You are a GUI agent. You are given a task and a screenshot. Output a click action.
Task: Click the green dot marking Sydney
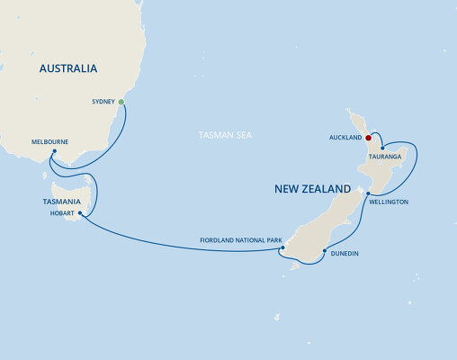click(x=121, y=103)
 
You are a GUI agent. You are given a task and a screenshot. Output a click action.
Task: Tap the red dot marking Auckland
click(x=369, y=138)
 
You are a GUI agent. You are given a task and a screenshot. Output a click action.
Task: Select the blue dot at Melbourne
click(x=54, y=151)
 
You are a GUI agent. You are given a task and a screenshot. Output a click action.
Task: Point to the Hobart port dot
click(x=81, y=213)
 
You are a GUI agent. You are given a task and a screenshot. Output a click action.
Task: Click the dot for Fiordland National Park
click(x=282, y=248)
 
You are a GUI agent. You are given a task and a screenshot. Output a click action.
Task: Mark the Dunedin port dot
click(x=322, y=252)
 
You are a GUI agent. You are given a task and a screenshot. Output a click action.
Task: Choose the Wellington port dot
click(x=369, y=193)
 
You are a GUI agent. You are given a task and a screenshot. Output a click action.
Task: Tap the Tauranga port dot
click(x=382, y=148)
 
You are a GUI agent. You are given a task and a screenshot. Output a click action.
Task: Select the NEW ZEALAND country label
click(x=312, y=190)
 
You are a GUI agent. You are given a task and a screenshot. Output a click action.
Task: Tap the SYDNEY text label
click(x=103, y=103)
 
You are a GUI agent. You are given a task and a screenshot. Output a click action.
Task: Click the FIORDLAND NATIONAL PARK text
click(x=241, y=240)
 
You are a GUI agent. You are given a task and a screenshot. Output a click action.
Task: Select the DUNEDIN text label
click(x=345, y=254)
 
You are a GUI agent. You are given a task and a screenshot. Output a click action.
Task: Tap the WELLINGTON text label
click(x=389, y=202)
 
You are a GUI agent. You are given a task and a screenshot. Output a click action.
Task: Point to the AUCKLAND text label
click(x=345, y=138)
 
